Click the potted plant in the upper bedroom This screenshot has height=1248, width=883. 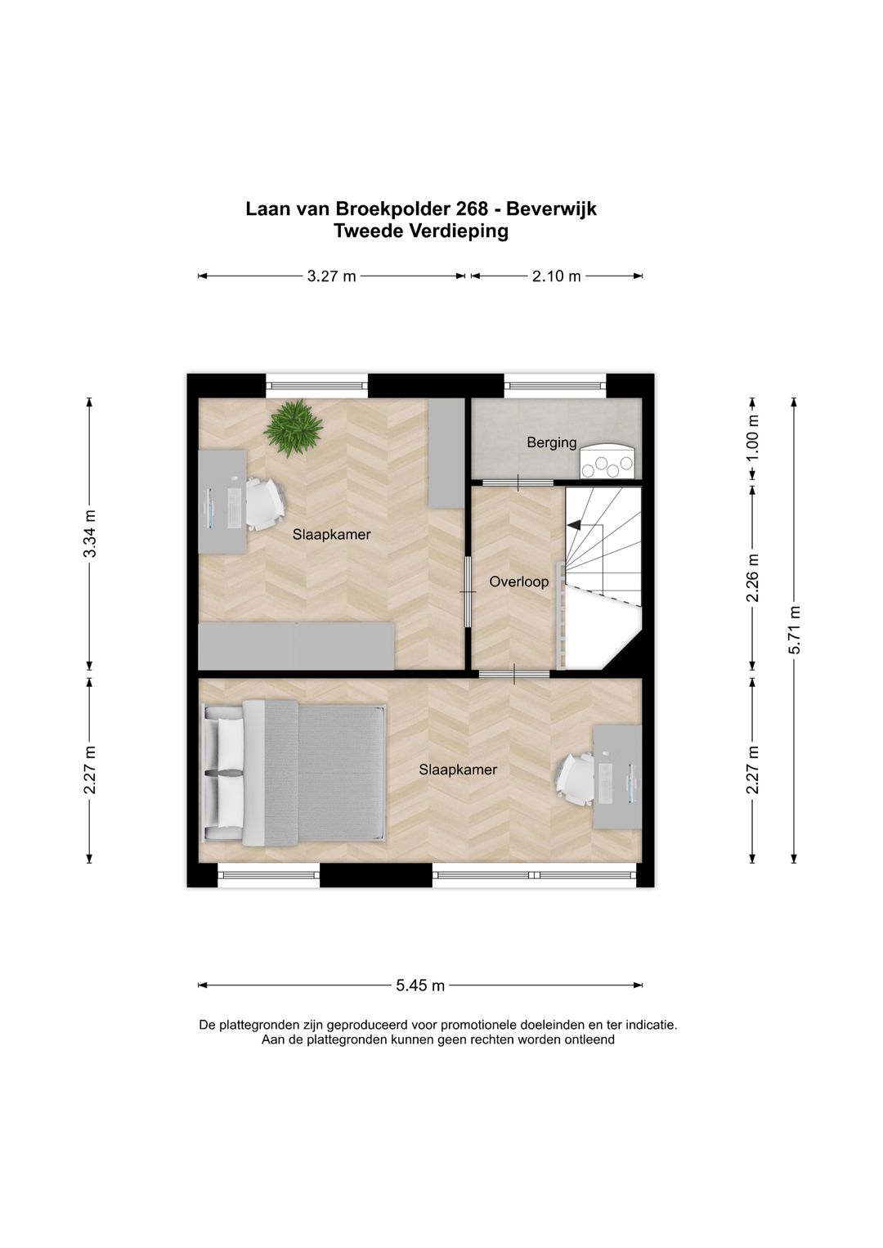pos(293,429)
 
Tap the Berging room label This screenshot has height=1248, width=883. pos(552,443)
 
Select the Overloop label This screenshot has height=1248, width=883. pos(518,582)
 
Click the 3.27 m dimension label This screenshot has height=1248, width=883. pos(331,276)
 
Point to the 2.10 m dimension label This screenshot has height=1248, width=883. pos(557,276)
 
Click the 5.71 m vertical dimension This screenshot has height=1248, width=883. pos(794,630)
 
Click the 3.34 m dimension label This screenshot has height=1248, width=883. pos(90,533)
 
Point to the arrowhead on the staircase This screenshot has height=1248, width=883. pos(574,525)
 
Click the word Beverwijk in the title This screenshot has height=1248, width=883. pos(551,209)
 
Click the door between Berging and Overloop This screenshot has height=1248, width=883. pos(518,483)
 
